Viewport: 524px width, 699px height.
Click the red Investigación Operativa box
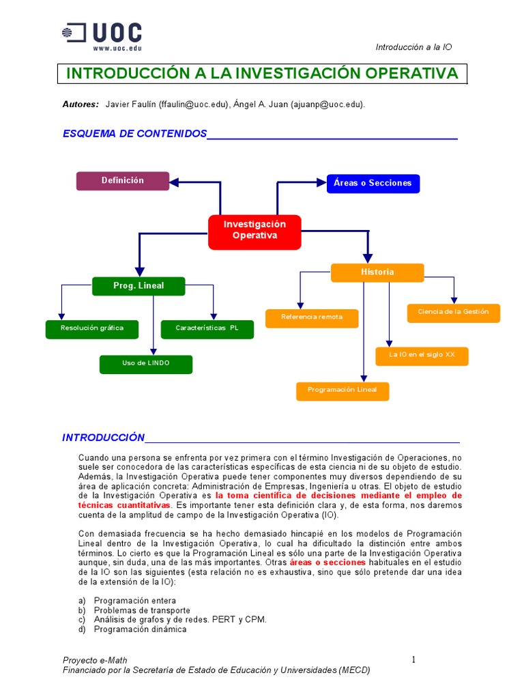[254, 230]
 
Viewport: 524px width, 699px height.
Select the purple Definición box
[123, 181]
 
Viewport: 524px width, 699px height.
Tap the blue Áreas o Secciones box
[373, 183]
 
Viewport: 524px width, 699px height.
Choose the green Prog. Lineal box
[139, 285]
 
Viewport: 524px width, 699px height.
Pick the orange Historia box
[377, 272]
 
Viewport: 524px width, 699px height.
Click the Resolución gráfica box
[92, 328]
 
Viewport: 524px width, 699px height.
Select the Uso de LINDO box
[146, 364]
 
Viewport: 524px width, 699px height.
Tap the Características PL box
[207, 328]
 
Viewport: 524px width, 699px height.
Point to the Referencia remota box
[312, 317]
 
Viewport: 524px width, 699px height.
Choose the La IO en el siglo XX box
[422, 356]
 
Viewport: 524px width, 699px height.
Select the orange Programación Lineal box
[343, 390]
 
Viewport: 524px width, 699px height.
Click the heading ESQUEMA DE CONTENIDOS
[134, 134]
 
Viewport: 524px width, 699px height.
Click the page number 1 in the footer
[413, 659]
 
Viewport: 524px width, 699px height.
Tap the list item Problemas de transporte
[142, 610]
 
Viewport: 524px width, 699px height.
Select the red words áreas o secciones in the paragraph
[327, 562]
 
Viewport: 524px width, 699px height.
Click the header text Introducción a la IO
[413, 47]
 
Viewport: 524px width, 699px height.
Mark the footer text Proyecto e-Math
[95, 660]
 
